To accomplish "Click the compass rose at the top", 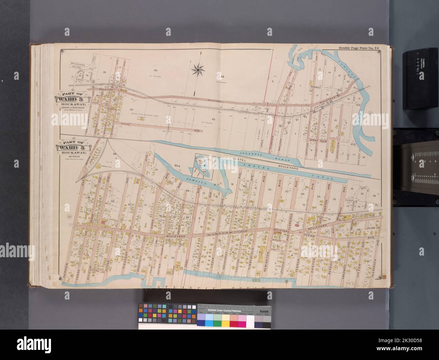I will (198, 70).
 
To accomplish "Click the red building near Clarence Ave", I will (298, 224).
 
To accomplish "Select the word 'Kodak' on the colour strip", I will (263, 311).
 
